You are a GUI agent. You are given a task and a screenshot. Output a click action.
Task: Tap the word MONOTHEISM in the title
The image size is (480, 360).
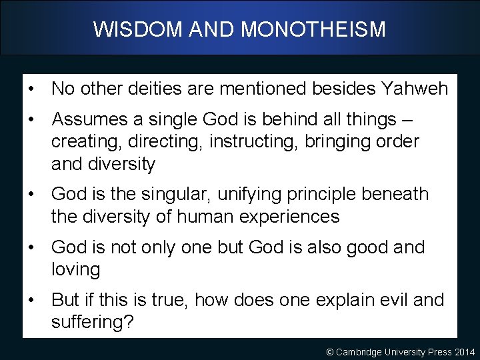(313, 29)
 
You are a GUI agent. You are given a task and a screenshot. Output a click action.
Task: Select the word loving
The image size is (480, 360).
(75, 270)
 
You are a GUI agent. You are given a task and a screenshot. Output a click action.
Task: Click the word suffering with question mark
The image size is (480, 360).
(93, 323)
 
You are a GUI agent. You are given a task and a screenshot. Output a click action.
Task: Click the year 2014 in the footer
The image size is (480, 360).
(465, 351)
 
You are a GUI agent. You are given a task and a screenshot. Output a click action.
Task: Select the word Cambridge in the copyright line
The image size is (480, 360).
(359, 351)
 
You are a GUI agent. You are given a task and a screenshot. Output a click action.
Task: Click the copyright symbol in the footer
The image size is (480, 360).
(329, 351)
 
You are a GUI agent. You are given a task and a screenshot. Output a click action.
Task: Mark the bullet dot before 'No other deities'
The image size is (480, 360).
(32, 89)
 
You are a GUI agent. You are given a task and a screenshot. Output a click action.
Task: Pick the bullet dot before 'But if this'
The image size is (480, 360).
(32, 300)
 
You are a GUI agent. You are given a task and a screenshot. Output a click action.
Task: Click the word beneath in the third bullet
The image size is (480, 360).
(397, 194)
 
